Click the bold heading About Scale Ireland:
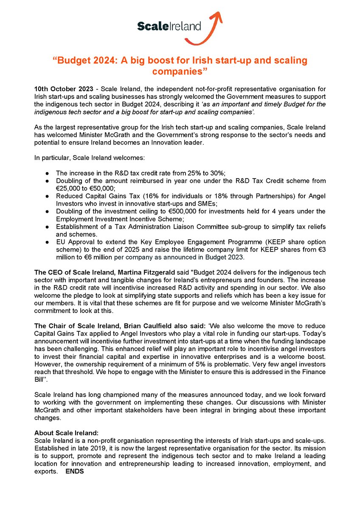(66, 433)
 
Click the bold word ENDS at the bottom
(74, 472)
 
